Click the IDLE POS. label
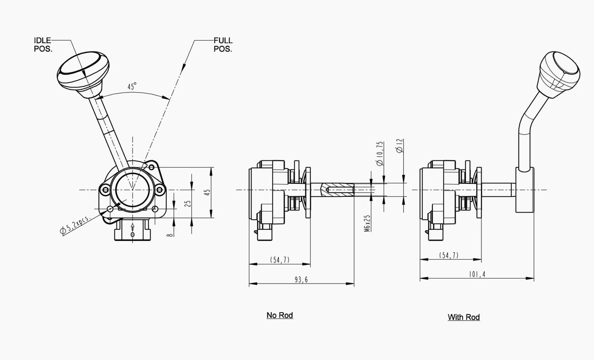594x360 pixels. (x=43, y=44)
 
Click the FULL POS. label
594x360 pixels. (x=223, y=44)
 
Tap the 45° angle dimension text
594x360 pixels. (x=132, y=86)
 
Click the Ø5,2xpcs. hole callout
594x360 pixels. (x=75, y=225)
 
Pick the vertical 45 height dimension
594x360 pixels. (x=207, y=192)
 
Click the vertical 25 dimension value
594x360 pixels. (x=188, y=203)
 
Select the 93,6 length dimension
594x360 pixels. (x=301, y=280)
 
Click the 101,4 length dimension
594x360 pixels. (x=477, y=274)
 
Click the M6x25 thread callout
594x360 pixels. (x=367, y=223)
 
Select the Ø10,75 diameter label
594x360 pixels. (x=380, y=153)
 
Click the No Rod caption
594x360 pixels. (x=280, y=315)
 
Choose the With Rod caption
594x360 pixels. (x=464, y=317)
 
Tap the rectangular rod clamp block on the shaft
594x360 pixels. (x=525, y=190)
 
